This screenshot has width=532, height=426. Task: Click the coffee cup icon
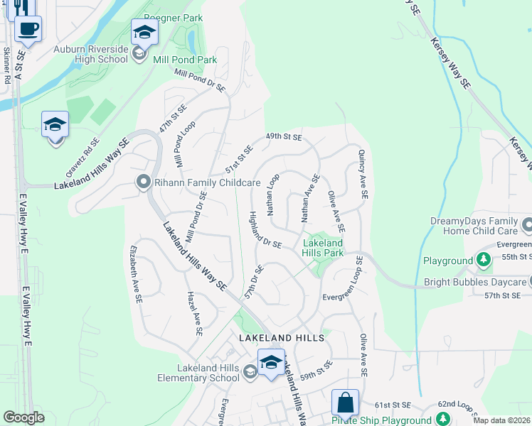(28, 29)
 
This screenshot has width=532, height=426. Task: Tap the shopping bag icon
(345, 403)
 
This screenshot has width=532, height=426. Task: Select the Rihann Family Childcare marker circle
(143, 183)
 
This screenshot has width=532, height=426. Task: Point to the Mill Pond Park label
(185, 60)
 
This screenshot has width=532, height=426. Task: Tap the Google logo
(23, 417)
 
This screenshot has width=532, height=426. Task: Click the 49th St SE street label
(284, 136)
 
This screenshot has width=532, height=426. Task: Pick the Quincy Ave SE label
(363, 173)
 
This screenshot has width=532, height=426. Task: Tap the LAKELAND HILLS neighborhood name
(282, 338)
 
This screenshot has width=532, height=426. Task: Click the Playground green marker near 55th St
(484, 260)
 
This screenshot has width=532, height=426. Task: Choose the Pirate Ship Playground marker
(444, 418)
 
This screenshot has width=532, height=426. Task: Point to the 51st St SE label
(240, 160)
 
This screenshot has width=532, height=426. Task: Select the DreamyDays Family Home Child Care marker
(526, 226)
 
